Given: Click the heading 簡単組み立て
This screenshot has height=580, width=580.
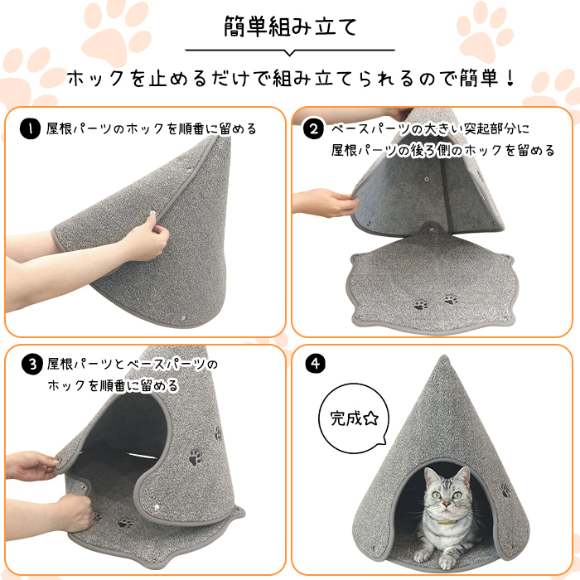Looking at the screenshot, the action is pyautogui.click(x=290, y=27).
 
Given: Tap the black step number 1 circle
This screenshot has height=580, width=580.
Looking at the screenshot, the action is pyautogui.click(x=30, y=128).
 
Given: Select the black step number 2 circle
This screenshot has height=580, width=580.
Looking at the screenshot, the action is pyautogui.click(x=313, y=128).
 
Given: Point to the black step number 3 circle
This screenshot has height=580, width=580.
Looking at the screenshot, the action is pyautogui.click(x=32, y=364).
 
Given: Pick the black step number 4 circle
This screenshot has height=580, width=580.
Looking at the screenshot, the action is pyautogui.click(x=316, y=364).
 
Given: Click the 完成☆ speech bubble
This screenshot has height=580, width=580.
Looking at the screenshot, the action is pyautogui.click(x=353, y=418).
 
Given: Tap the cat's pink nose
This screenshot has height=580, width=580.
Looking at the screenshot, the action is pyautogui.click(x=447, y=504).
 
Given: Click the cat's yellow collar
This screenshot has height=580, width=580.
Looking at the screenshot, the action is pyautogui.click(x=447, y=523).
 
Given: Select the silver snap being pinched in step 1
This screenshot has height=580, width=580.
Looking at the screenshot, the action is pyautogui.click(x=152, y=214).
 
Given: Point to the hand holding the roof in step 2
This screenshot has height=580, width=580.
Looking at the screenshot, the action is pyautogui.click(x=326, y=202).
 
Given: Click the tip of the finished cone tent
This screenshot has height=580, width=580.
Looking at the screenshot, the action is pyautogui.click(x=443, y=355).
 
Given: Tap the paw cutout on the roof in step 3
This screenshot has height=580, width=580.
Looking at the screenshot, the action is pyautogui.click(x=195, y=457).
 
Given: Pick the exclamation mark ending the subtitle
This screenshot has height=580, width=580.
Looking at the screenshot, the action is pyautogui.click(x=511, y=79).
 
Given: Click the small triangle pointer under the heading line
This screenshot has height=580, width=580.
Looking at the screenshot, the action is pyautogui.click(x=290, y=53).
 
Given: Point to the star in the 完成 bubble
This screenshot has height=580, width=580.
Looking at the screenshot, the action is pyautogui.click(x=371, y=418).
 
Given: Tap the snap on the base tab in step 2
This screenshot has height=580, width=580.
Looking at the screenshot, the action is pyautogui.click(x=432, y=230).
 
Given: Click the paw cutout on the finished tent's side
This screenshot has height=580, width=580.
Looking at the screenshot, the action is pyautogui.click(x=505, y=491).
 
